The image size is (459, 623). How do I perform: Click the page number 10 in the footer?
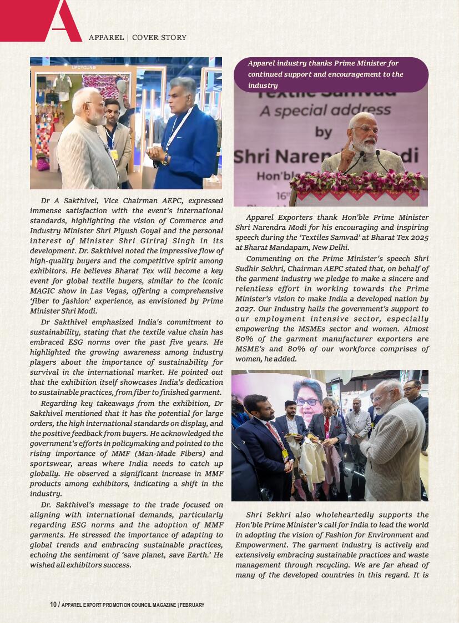(53, 605)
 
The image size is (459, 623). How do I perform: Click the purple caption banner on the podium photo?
(331, 74)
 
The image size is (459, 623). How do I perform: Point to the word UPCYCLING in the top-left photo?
(84, 68)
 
